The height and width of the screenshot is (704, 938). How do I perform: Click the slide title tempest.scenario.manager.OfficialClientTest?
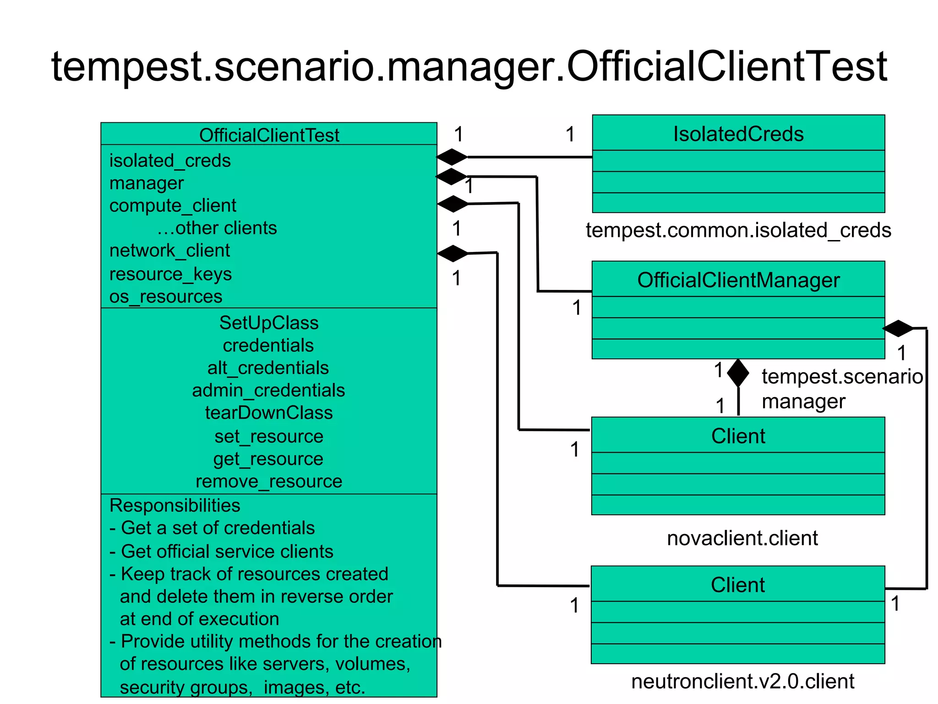469,67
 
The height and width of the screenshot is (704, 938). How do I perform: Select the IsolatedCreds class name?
738,134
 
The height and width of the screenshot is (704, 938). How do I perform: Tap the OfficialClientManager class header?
738,280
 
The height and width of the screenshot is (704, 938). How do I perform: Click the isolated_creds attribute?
170,161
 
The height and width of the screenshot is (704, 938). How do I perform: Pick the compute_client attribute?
173,206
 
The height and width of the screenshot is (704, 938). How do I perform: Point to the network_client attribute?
169,251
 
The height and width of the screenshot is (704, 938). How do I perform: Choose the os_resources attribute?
166,297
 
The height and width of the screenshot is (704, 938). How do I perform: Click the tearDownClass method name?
269,413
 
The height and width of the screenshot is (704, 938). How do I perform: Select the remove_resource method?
269,481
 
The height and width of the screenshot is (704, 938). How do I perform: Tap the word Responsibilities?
175,505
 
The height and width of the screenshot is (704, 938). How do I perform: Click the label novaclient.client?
742,538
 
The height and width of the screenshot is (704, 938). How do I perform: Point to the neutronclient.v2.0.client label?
742,682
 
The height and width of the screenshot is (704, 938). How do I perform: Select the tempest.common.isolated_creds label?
738,230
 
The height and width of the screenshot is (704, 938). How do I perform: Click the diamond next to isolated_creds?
452,157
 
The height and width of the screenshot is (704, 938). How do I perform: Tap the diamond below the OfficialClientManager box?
738,373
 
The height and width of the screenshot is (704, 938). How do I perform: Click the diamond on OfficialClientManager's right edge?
898,328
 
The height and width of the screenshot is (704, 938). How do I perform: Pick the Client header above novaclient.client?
738,436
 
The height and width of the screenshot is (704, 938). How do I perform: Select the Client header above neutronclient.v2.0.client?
737,585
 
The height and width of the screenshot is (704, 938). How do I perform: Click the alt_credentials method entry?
268,368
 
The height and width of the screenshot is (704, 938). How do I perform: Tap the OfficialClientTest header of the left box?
269,135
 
